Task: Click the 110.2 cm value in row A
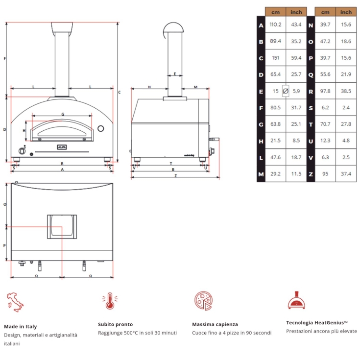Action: (275, 24)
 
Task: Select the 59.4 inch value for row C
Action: (296, 58)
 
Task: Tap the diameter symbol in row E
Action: (286, 91)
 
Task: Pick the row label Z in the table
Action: (311, 174)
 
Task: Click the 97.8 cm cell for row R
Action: (325, 91)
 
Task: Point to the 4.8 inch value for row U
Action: (346, 141)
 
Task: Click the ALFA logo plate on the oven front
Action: (62, 147)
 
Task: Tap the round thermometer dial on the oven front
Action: (100, 128)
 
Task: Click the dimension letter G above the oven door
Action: (63, 114)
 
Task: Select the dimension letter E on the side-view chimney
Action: (175, 74)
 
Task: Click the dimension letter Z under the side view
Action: (176, 176)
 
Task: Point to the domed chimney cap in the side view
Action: (173, 27)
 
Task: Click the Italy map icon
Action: (15, 302)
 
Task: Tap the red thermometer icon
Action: (110, 301)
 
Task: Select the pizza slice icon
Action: (203, 301)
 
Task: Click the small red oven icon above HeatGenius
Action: (296, 300)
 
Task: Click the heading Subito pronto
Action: (115, 324)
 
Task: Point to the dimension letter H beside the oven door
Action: (24, 131)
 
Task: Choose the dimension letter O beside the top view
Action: (5, 204)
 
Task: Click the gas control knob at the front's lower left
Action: (22, 151)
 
